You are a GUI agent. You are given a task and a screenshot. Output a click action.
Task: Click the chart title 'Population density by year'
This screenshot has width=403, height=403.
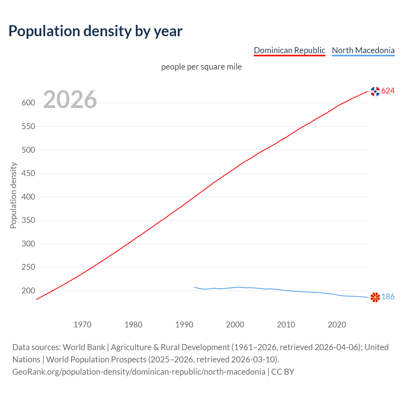[95, 31]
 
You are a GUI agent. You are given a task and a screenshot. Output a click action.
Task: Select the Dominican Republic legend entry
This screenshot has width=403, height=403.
[289, 50]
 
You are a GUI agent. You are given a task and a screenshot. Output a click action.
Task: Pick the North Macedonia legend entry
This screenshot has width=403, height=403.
[363, 50]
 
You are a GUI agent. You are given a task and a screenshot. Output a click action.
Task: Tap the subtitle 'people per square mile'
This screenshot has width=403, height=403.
[201, 67]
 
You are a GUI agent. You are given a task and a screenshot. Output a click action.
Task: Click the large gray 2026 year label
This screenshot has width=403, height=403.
[70, 99]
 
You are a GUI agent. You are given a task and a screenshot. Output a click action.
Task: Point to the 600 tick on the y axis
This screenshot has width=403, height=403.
[28, 103]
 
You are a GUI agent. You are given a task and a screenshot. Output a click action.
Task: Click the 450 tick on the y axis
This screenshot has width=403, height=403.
[28, 173]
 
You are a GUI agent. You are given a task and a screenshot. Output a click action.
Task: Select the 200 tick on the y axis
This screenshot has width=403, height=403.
[28, 291]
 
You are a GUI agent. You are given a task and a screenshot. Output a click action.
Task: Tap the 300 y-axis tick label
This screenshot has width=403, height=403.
[28, 244]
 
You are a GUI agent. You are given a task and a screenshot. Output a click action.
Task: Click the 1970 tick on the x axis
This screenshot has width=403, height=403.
[82, 325]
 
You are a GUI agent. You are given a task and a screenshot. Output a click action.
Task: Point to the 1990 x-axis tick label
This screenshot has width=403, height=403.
[184, 325]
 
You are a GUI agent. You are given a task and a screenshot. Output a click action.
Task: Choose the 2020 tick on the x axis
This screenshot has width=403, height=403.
[337, 325]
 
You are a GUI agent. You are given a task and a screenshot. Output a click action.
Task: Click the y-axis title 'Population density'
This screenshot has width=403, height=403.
[13, 195]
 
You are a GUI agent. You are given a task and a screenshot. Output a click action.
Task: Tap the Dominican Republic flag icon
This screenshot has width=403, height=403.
[375, 91]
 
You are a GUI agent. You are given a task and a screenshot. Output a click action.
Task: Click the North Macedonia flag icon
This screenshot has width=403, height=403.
[375, 297]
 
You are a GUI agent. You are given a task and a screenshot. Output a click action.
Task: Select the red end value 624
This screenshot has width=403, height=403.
[388, 91]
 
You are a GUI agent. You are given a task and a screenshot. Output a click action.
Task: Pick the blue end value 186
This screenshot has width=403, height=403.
[388, 297]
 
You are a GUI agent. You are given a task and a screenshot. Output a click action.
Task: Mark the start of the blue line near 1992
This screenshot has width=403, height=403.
[195, 287]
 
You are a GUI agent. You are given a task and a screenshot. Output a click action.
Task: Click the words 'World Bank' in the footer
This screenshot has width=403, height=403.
[84, 347]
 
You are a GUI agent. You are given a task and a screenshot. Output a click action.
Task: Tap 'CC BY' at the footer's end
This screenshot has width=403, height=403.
[283, 372]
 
